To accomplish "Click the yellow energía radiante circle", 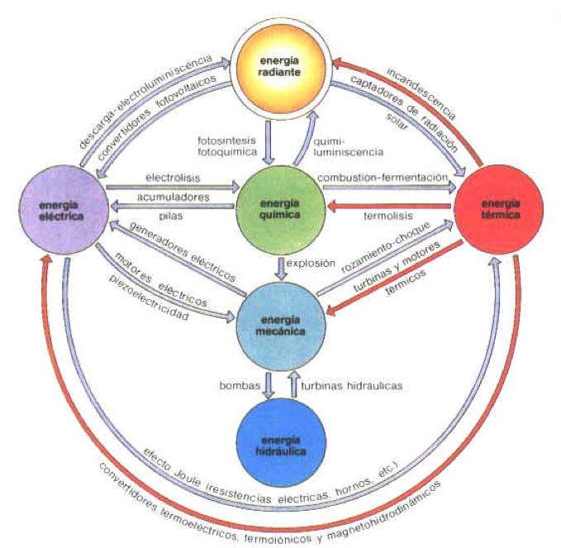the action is tap(280, 67).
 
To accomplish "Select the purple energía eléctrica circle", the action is tap(64, 210).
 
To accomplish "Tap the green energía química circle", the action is tap(281, 209).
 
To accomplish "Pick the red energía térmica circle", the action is tap(499, 209).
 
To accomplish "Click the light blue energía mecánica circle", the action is tap(281, 326).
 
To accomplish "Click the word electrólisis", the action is tap(173, 178).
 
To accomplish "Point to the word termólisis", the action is tap(388, 216).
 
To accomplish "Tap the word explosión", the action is tap(311, 264).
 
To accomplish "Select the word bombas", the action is tap(240, 386).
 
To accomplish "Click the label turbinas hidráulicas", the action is tap(352, 386).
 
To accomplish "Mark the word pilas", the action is tap(171, 216).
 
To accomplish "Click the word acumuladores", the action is tap(174, 197).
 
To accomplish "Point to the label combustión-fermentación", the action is tap(383, 178).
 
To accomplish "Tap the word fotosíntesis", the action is tap(227, 140).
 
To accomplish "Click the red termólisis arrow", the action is tap(389, 206).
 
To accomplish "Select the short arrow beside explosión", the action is tap(283, 269).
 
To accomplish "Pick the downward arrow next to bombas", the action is tap(269, 385).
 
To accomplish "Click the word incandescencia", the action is tap(421, 93).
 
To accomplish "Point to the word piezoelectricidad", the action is tap(149, 298).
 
